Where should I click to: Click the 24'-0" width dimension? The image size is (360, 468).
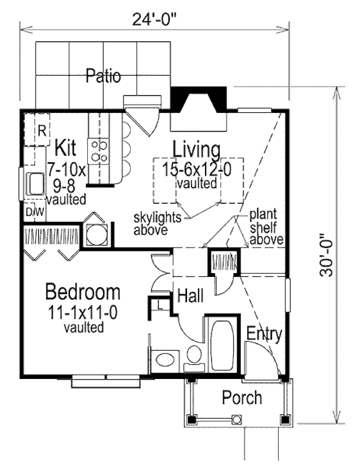[x=154, y=20]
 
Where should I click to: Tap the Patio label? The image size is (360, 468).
[x=103, y=76]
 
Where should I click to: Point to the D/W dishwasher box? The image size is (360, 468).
[x=34, y=212]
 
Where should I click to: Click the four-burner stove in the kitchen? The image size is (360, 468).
[x=99, y=150]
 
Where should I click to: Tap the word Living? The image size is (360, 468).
[x=197, y=150]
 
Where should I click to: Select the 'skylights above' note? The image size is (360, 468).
[x=157, y=223]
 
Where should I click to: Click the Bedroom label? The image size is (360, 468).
[x=83, y=292]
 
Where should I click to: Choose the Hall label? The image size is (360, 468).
[x=190, y=296]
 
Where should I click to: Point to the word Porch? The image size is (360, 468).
[x=242, y=398]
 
